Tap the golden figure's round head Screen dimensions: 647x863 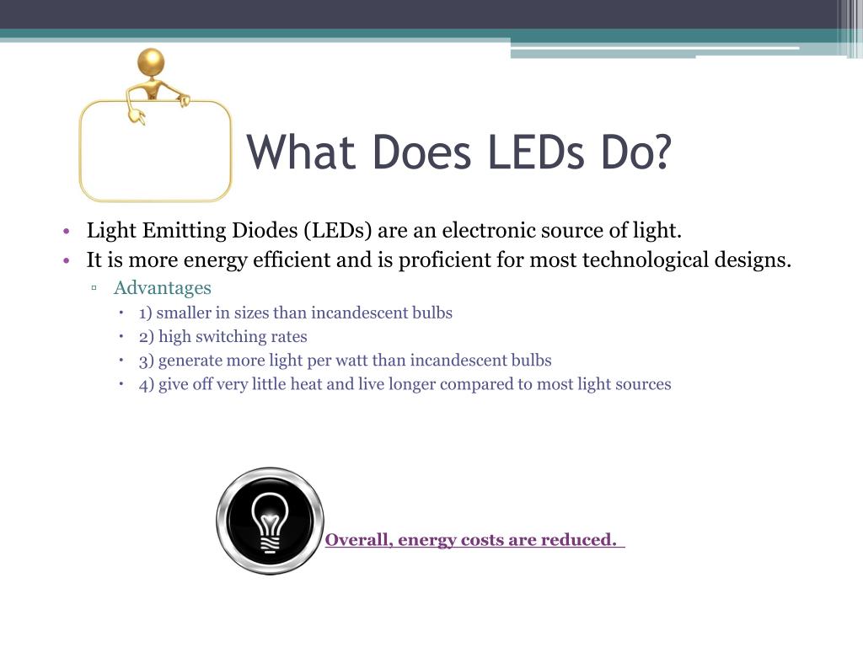151,62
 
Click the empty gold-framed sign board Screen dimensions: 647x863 155,152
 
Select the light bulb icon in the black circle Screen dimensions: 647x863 270,521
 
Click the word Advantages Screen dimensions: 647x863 163,288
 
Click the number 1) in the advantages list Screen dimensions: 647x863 146,313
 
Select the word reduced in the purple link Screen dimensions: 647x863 582,540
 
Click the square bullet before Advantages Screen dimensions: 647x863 95,288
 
